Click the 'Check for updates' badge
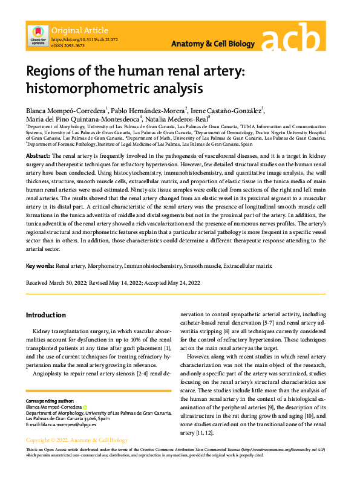click(x=38, y=36)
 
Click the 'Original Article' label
click(x=80, y=30)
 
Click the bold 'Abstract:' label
click(x=38, y=156)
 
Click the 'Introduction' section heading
click(x=46, y=315)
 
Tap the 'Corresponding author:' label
click(x=49, y=401)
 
